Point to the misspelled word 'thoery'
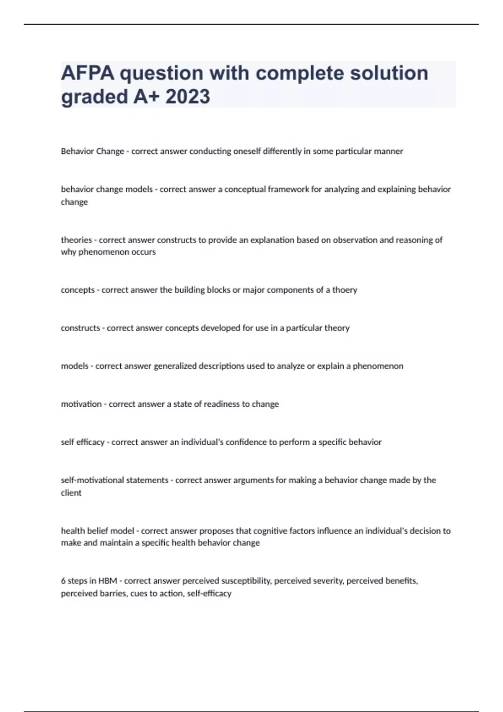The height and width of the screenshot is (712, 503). [345, 290]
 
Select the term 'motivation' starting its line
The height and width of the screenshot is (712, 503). [81, 404]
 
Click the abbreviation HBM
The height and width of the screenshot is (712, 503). [108, 581]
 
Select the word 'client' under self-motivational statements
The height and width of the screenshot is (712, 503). [71, 493]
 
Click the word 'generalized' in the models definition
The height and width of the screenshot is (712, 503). [175, 366]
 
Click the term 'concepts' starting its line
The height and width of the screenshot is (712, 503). [78, 290]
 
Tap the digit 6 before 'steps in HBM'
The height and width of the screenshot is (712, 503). [63, 581]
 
